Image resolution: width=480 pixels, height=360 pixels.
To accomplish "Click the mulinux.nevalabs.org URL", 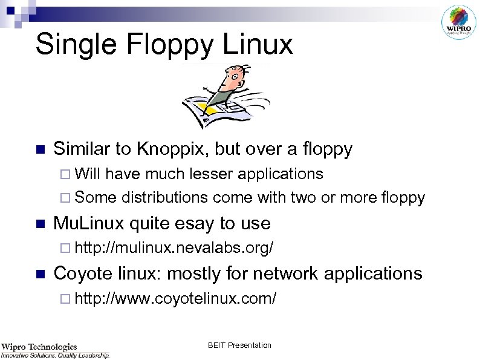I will (176, 248).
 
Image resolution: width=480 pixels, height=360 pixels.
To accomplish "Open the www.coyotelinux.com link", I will (176, 298).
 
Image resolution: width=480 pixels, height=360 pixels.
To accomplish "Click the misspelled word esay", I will (197, 223).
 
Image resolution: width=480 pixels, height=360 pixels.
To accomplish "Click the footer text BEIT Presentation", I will (239, 345).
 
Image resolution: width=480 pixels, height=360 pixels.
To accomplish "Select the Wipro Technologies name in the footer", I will (39, 347).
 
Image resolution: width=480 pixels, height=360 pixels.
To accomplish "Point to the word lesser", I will (211, 174).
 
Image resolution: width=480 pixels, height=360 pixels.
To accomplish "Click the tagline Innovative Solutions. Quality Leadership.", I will (55, 355).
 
